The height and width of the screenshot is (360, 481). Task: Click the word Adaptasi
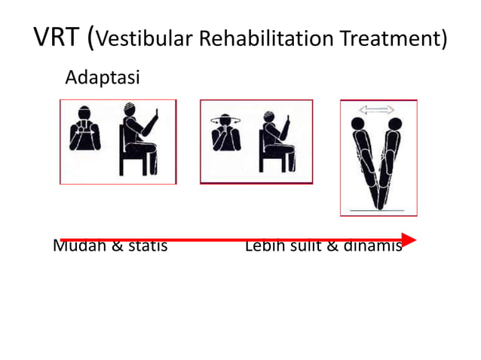point(103,78)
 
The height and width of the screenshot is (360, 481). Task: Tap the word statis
point(146,246)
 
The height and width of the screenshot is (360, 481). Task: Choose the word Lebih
point(264,246)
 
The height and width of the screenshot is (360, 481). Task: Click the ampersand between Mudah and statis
point(117,246)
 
